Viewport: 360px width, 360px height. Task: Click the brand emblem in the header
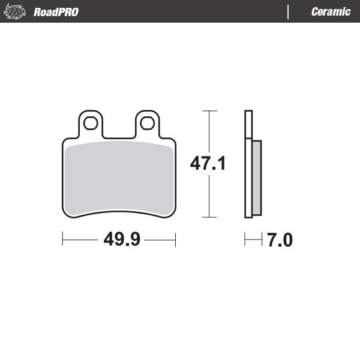(14, 11)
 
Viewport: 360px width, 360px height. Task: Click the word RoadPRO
(56, 12)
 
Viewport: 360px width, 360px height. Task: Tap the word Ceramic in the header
(331, 12)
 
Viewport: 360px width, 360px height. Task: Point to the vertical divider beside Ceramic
(289, 11)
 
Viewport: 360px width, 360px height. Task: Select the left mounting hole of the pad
(91, 123)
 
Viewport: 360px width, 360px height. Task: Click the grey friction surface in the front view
(119, 177)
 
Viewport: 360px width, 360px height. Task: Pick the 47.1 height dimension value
(208, 163)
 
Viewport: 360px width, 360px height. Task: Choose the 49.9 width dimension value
(122, 240)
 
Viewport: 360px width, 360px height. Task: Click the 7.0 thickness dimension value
(280, 241)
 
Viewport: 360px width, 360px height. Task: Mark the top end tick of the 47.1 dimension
(209, 111)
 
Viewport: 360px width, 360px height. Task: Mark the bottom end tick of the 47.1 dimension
(209, 217)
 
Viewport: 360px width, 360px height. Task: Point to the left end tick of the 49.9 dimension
(63, 240)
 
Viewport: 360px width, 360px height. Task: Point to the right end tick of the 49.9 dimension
(175, 240)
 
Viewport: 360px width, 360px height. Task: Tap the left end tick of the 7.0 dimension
(245, 241)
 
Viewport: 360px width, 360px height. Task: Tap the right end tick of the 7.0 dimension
(262, 241)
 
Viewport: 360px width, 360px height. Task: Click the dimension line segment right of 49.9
(160, 240)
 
